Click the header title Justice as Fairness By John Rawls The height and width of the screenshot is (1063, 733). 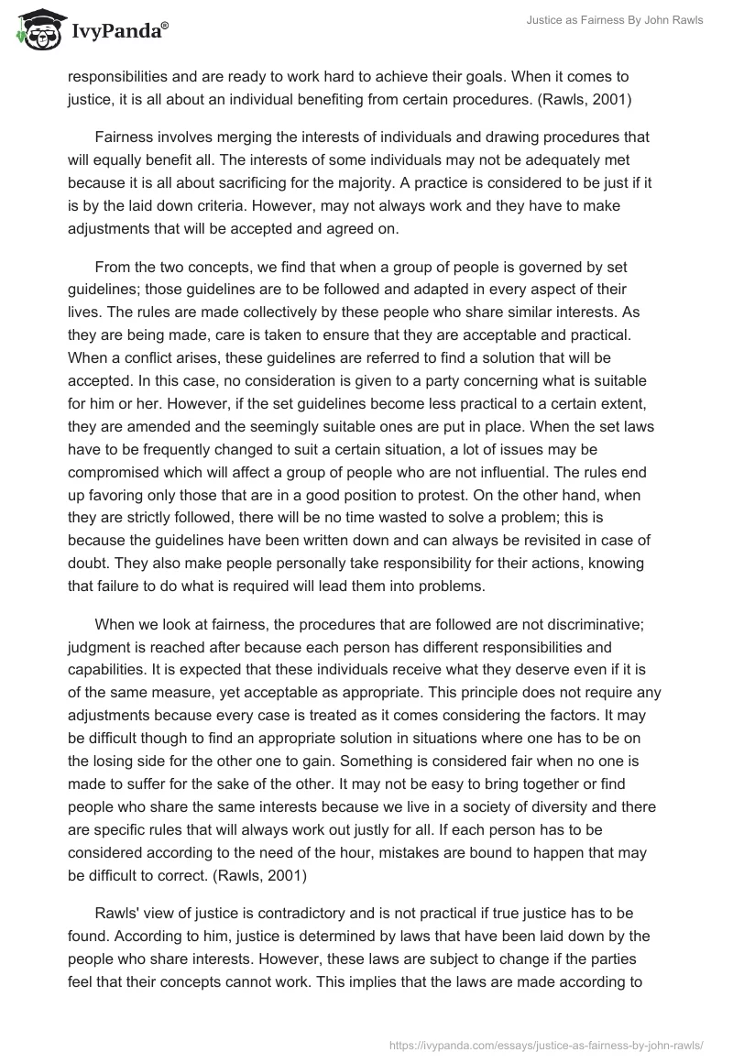614,20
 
